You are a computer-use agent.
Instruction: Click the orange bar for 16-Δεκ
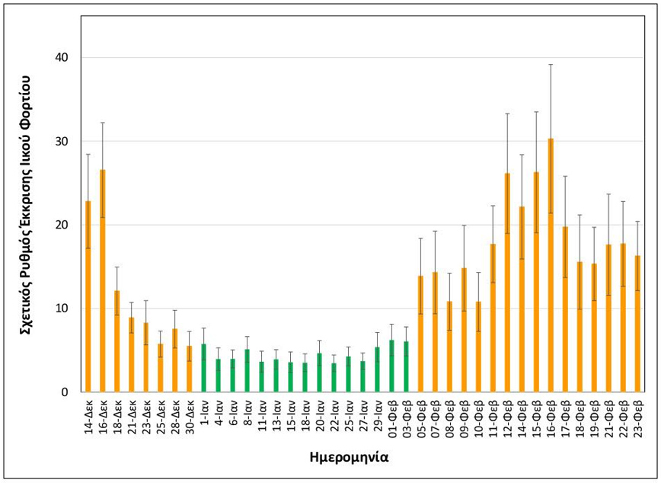tap(103, 282)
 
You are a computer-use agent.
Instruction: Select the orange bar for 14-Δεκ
tap(88, 297)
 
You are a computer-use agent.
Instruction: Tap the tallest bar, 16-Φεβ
tap(551, 267)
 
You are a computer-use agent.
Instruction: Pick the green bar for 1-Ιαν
tap(204, 369)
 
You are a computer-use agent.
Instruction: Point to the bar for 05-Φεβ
tap(420, 335)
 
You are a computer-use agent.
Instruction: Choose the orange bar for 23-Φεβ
tap(637, 325)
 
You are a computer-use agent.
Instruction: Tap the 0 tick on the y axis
tap(65, 392)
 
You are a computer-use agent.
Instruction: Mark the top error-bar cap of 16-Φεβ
tap(551, 65)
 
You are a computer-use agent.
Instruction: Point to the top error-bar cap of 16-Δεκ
tap(103, 123)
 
